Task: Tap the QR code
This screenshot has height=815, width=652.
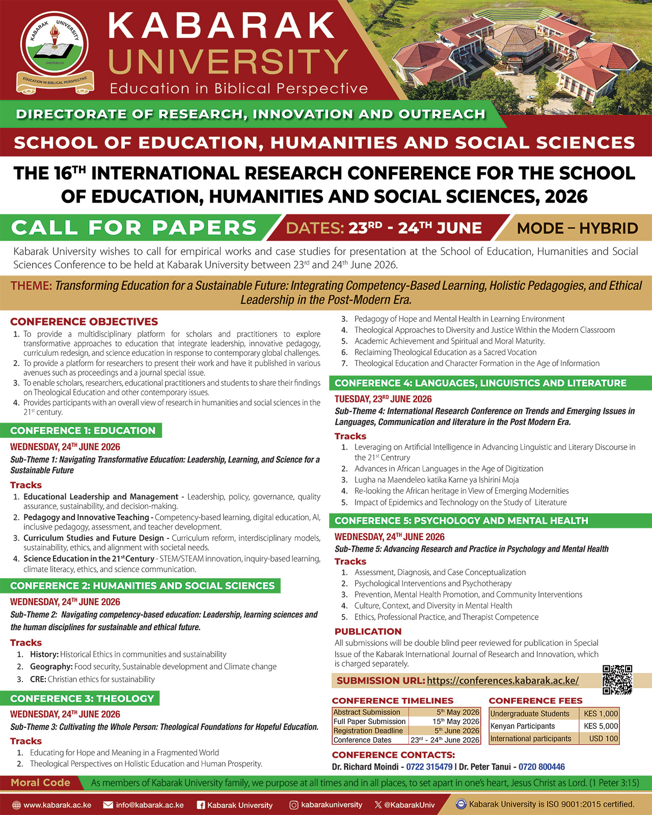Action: click(x=617, y=680)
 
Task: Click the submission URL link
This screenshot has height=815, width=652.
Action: click(x=502, y=681)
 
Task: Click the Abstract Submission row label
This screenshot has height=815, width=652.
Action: click(x=367, y=712)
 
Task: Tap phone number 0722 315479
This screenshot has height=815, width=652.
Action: click(x=429, y=767)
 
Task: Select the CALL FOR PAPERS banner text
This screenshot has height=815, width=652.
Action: click(x=134, y=228)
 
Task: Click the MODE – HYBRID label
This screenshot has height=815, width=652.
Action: click(x=577, y=228)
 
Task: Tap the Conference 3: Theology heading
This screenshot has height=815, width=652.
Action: click(x=82, y=698)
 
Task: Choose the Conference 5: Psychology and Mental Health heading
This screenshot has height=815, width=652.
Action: click(x=461, y=521)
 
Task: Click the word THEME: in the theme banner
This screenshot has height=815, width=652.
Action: click(x=32, y=286)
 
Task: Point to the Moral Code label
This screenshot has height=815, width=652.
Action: click(x=40, y=782)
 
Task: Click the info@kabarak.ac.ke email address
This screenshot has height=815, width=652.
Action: click(x=150, y=805)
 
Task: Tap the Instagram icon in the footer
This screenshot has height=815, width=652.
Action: click(x=294, y=805)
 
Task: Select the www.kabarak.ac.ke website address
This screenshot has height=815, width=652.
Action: click(x=57, y=805)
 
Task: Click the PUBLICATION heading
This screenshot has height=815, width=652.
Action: click(x=368, y=631)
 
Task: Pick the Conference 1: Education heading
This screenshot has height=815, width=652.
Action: click(x=83, y=431)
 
